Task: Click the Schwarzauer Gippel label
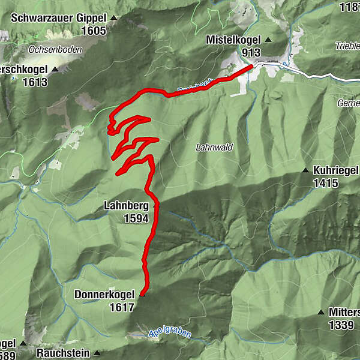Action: coord(58,18)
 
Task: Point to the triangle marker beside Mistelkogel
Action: coord(268,40)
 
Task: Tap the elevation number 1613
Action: coord(35,82)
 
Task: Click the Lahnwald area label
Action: coord(214,147)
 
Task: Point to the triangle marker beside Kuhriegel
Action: coord(306,170)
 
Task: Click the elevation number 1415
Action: coord(325,183)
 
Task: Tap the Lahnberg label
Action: coord(126,206)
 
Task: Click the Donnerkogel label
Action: coord(104,295)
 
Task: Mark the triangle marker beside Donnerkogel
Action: coord(142,295)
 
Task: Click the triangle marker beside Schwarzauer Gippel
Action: coord(114,18)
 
